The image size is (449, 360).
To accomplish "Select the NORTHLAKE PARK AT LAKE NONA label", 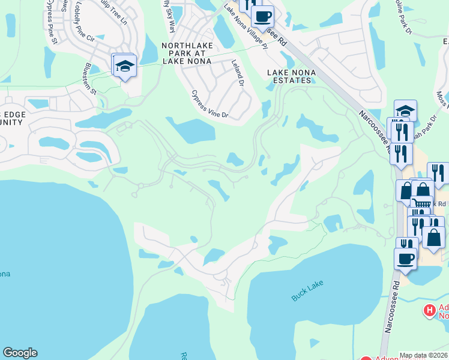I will pos(186,53).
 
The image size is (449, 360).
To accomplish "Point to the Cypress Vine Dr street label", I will pos(209,104).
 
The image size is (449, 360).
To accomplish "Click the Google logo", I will pos(20,353).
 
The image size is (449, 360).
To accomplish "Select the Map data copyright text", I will pos(423,355).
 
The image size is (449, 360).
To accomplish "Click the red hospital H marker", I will pos(429,311).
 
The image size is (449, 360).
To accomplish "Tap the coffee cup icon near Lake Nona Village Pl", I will pos(262,16).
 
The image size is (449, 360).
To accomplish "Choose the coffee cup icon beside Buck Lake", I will pos(406,259).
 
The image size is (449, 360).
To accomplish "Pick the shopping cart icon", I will pos(421,203).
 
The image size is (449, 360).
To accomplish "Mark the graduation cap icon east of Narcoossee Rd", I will pos(406,110).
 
